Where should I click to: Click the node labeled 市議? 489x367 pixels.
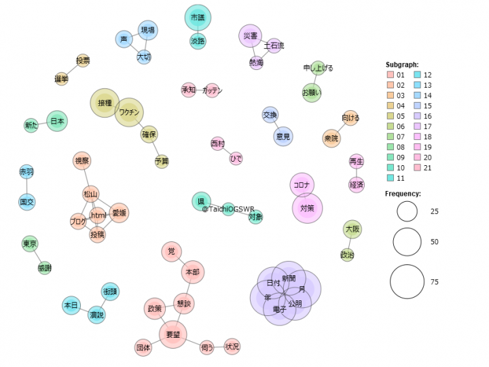tap(198, 18)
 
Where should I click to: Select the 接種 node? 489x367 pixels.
tap(105, 103)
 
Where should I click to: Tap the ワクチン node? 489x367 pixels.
tap(129, 112)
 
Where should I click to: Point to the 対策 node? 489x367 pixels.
tap(307, 208)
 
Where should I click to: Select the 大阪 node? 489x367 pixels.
tap(352, 230)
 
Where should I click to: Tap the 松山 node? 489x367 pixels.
tap(91, 194)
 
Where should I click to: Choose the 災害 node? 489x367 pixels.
tap(250, 36)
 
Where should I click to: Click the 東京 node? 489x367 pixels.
tap(29, 244)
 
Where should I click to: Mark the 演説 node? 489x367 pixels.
tap(96, 315)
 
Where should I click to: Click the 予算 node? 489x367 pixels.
tap(162, 162)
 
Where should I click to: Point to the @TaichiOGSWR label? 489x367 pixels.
tap(228, 209)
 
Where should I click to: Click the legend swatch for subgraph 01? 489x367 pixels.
tap(391, 75)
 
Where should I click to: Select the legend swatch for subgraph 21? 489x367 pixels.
tap(418, 167)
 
